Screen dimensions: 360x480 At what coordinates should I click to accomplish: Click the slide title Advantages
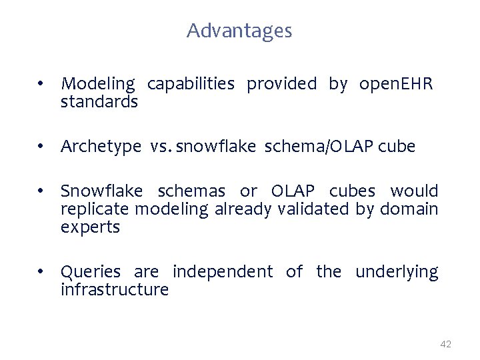coord(239,31)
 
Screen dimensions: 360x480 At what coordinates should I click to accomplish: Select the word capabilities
coord(191,85)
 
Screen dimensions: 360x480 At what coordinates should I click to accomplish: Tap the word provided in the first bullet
coord(282,84)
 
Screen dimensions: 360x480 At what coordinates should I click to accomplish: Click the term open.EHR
coord(396,85)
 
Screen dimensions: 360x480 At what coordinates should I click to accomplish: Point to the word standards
coord(99,102)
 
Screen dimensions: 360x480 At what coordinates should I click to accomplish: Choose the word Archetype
coord(101,147)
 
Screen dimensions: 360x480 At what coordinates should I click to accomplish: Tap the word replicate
coord(95,209)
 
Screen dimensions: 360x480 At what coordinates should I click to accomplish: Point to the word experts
coord(90,227)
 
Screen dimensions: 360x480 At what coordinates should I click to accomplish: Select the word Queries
coord(91,272)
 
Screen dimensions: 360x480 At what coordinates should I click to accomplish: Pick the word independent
coord(223,272)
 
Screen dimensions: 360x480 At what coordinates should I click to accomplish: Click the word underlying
coord(397,272)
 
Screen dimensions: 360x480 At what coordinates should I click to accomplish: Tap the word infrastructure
coord(115,290)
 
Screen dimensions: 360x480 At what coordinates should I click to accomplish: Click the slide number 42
coord(446,344)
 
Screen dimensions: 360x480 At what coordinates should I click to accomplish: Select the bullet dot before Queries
coord(41,272)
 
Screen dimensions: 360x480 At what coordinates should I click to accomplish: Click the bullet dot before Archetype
coord(41,147)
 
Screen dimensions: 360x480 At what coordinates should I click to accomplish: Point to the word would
coord(414,191)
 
